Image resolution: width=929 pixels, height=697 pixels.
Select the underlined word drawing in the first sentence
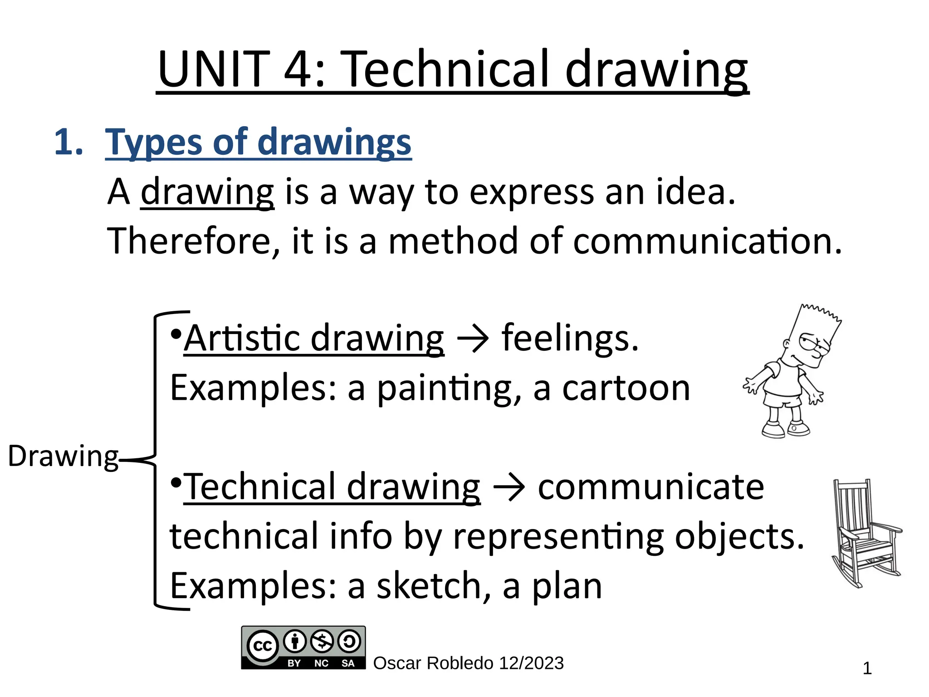point(207,192)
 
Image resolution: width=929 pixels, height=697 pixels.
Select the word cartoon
point(626,388)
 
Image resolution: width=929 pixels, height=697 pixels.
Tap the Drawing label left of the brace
point(63,456)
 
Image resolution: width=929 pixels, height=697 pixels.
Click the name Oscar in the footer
point(397,663)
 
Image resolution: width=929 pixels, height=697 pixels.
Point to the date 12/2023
point(531,663)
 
